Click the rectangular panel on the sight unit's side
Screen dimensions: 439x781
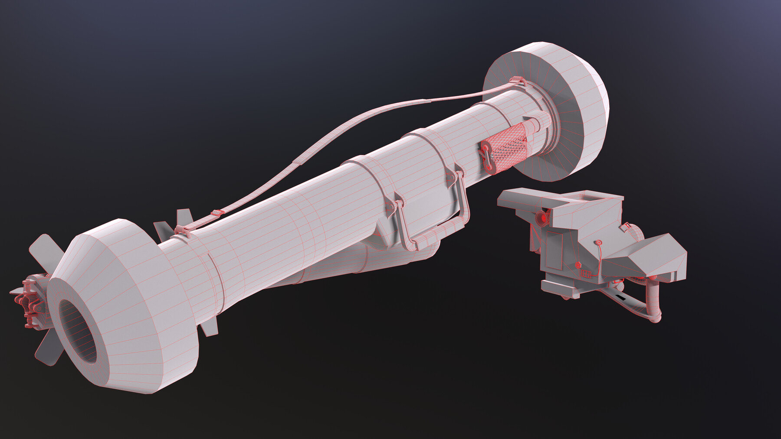pyautogui.click(x=555, y=251)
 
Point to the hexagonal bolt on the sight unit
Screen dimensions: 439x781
pyautogui.click(x=578, y=265)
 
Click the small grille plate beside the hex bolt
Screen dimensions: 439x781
pyautogui.click(x=586, y=273)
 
